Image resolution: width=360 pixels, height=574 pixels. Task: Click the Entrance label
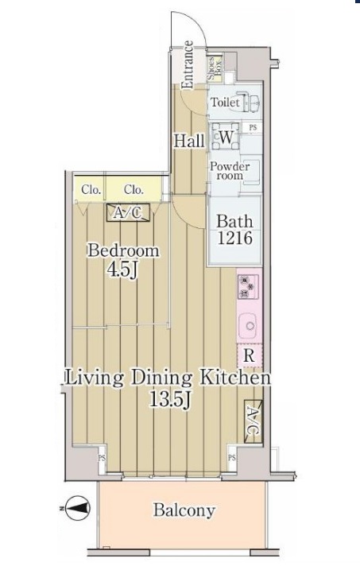(188, 65)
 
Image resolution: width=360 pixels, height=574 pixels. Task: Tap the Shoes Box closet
(215, 68)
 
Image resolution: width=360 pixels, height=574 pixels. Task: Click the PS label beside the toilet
(253, 128)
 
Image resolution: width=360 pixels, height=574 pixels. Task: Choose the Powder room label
(230, 171)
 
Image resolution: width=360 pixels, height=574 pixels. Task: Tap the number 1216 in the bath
(235, 238)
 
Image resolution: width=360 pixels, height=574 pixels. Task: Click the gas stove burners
(248, 287)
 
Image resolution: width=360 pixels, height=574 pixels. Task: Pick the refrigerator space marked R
(250, 355)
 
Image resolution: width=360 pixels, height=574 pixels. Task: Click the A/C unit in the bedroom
(128, 213)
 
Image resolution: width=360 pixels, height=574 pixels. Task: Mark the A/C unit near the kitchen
(254, 421)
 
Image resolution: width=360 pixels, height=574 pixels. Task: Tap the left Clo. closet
(90, 189)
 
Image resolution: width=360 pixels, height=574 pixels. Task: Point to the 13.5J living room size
(170, 399)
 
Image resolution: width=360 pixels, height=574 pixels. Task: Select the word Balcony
(184, 510)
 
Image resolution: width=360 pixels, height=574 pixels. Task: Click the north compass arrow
(77, 508)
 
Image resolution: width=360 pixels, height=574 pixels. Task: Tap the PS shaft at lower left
(102, 458)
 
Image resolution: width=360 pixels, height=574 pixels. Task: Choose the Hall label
(189, 142)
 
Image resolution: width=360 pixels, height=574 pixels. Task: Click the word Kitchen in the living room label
(235, 378)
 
